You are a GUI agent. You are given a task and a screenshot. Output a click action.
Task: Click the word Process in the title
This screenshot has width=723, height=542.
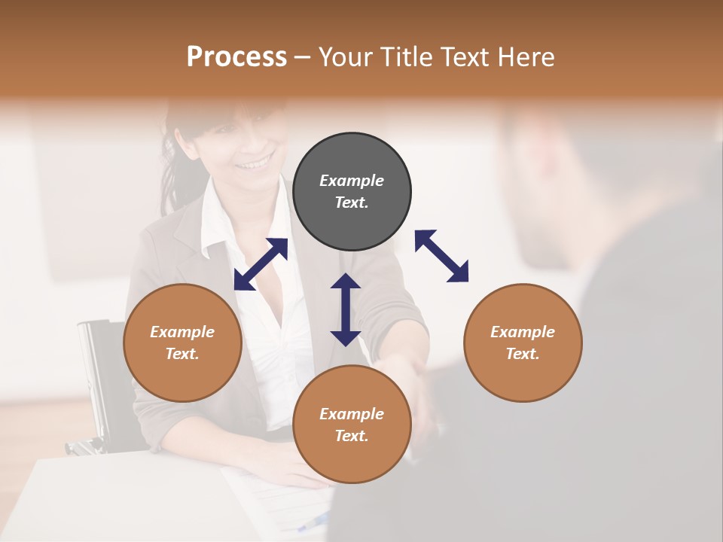tap(236, 57)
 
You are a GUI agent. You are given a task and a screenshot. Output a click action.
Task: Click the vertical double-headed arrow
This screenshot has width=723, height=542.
tap(346, 309)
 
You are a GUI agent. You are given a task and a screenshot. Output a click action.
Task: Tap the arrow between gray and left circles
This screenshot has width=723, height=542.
tap(261, 264)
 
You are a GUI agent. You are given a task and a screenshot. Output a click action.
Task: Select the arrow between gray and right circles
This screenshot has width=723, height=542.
tap(441, 256)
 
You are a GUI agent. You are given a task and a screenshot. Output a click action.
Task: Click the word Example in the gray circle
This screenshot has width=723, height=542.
tap(352, 181)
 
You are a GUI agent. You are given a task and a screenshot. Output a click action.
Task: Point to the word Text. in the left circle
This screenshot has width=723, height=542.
tap(182, 354)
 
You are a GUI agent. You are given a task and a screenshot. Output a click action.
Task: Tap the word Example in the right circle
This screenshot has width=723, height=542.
tap(523, 332)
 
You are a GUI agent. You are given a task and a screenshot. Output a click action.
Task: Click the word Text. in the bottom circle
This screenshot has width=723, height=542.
tap(352, 436)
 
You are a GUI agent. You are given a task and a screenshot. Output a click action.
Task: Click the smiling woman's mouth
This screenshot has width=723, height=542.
tap(254, 162)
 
